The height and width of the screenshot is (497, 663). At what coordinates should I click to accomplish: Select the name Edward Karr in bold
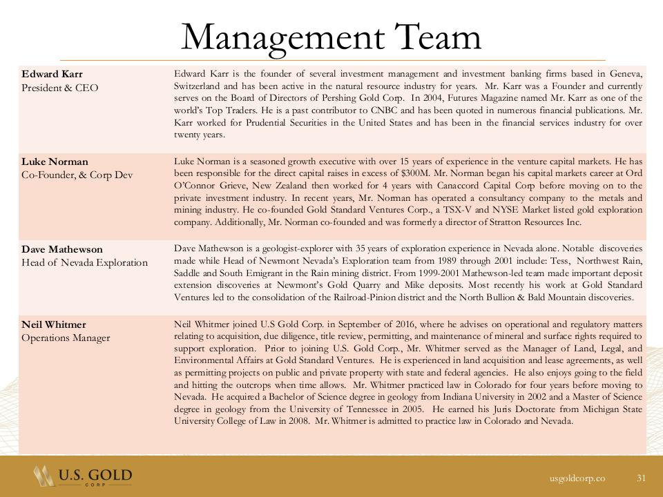click(52, 74)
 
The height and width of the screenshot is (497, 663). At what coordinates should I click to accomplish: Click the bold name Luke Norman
click(55, 162)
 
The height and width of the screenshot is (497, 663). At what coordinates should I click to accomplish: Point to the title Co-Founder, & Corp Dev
click(77, 175)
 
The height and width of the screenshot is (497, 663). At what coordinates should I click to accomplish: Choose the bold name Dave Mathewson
click(61, 249)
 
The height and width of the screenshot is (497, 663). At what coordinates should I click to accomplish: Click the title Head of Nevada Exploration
click(84, 263)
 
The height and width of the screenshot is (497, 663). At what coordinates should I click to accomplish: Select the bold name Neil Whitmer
click(54, 324)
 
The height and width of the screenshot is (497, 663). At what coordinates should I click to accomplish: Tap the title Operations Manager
click(66, 338)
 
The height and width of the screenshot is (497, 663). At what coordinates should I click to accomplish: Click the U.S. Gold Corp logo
click(83, 476)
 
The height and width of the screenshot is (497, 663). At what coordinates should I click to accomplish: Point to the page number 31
click(641, 478)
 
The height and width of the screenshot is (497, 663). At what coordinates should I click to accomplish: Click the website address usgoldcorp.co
click(577, 478)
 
